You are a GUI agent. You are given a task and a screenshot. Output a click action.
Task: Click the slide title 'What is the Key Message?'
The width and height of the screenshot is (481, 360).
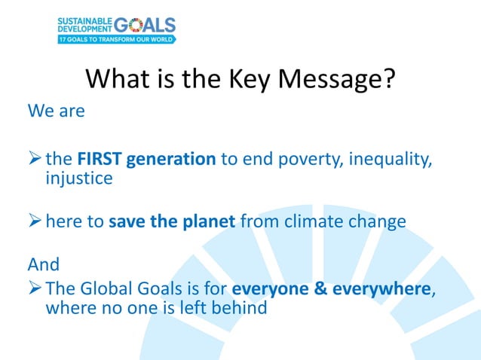(x=240, y=79)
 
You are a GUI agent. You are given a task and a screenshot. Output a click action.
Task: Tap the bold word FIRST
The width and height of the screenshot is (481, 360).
(x=100, y=160)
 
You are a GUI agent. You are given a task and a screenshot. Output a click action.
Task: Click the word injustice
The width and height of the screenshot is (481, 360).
(x=79, y=179)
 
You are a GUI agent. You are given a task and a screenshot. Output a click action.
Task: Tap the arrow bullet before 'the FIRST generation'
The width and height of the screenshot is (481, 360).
(x=35, y=160)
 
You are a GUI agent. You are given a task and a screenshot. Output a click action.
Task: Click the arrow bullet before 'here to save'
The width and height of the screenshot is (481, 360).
(x=35, y=222)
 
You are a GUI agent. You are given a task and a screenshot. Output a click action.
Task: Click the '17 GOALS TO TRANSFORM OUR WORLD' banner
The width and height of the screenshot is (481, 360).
(x=117, y=38)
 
